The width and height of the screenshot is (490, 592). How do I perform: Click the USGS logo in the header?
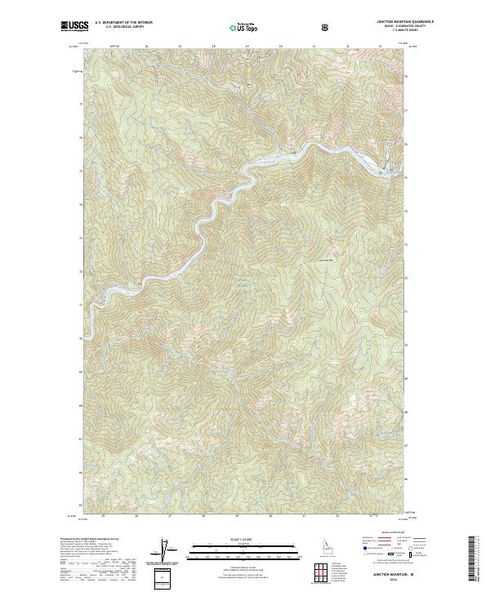74,26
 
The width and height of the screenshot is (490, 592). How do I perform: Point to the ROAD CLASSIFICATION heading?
383,535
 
